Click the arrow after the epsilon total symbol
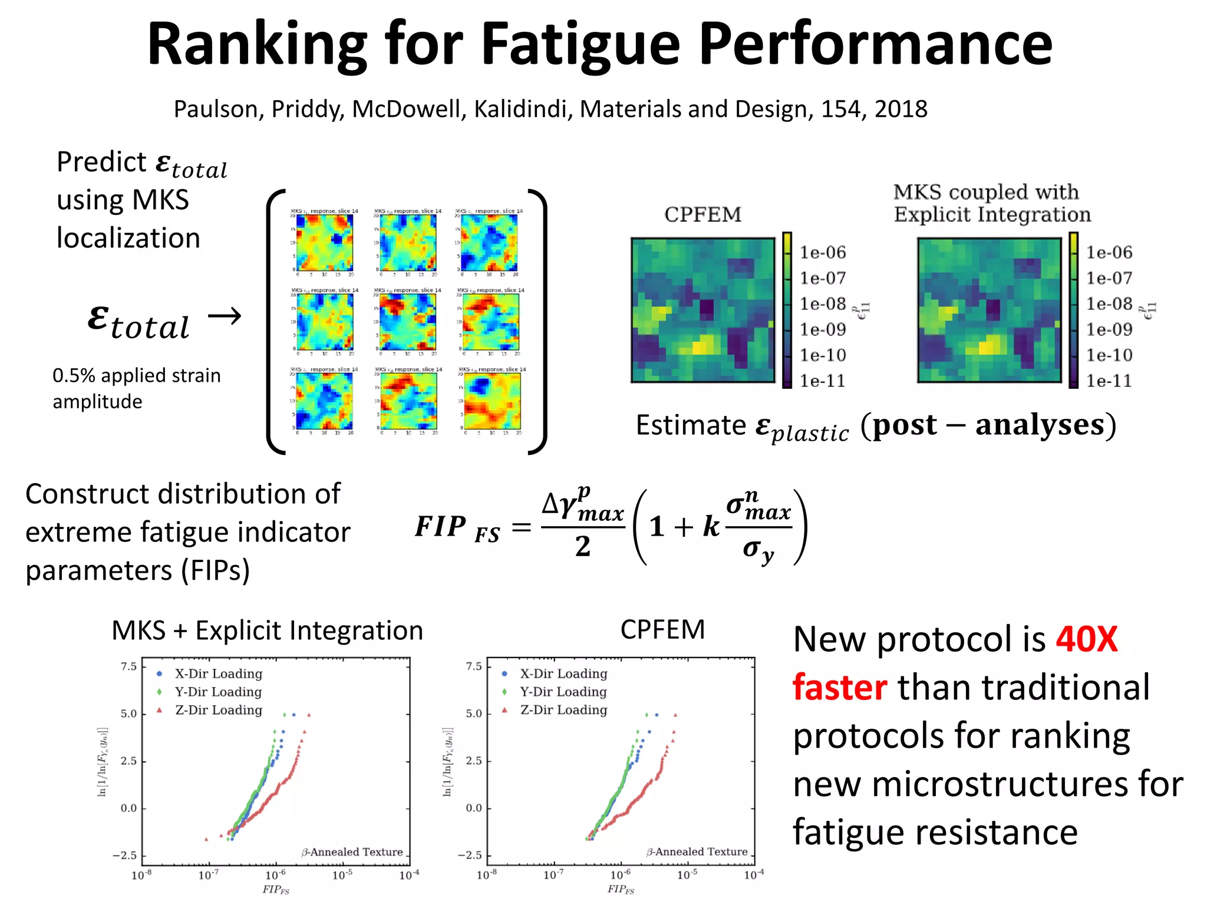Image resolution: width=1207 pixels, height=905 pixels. pyautogui.click(x=225, y=316)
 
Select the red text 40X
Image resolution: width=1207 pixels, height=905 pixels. pyautogui.click(x=1086, y=640)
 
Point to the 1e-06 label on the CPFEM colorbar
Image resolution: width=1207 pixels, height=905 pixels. pyautogui.click(x=822, y=253)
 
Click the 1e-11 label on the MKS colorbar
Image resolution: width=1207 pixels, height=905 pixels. pyautogui.click(x=1109, y=381)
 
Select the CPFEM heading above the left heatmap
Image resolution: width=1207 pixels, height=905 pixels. pyautogui.click(x=703, y=214)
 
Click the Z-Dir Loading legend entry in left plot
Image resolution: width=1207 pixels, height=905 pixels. pyautogui.click(x=218, y=710)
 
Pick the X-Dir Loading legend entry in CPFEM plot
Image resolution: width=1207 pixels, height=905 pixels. pyautogui.click(x=563, y=673)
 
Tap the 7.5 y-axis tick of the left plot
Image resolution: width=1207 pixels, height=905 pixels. pyautogui.click(x=128, y=666)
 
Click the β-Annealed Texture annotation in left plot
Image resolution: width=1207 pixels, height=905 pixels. pyautogui.click(x=352, y=852)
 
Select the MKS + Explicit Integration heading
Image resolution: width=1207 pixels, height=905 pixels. pyautogui.click(x=267, y=630)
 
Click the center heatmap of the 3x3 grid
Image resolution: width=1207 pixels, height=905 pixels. pyautogui.click(x=407, y=322)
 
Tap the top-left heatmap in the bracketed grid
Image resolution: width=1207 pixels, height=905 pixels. pyautogui.click(x=324, y=242)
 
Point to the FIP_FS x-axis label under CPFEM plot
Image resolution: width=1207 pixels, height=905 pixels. pyautogui.click(x=621, y=889)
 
